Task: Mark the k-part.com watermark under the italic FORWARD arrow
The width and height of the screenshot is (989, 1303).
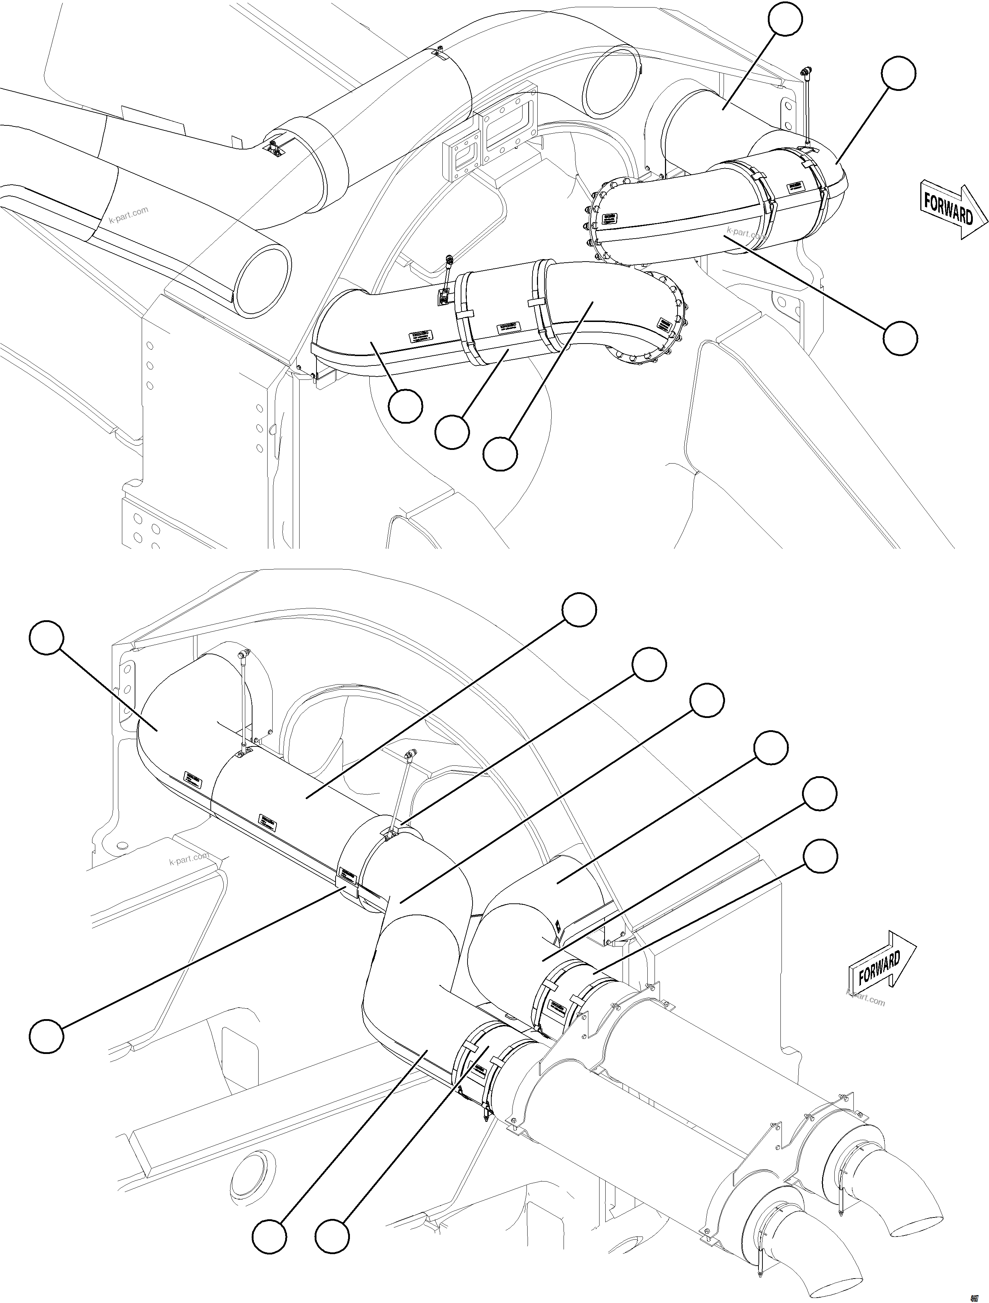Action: pyautogui.click(x=865, y=1000)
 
